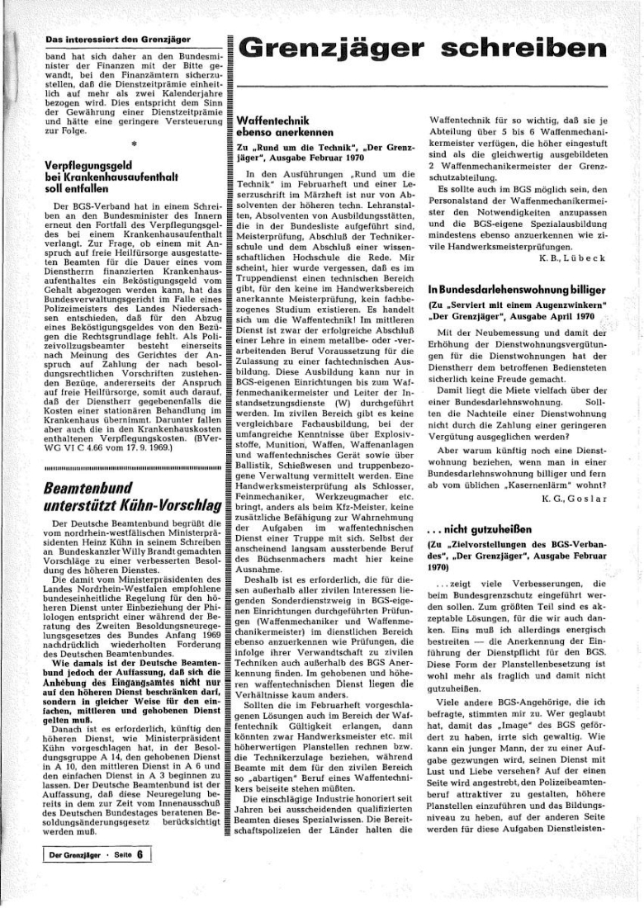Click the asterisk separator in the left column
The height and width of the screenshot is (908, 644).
[132, 143]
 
